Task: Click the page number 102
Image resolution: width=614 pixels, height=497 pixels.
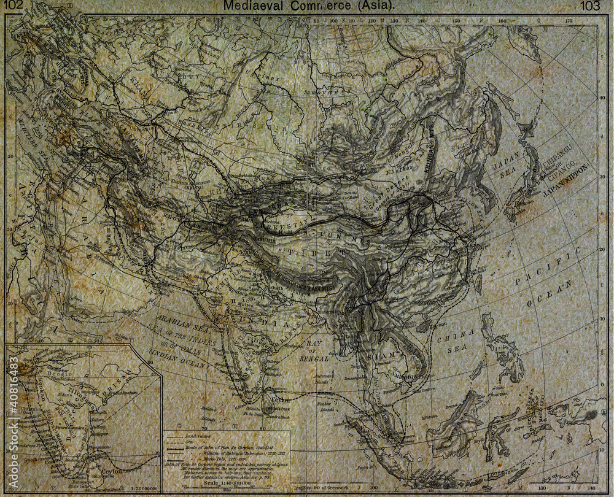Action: coord(15,6)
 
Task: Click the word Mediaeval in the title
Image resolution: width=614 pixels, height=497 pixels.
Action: coord(249,6)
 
